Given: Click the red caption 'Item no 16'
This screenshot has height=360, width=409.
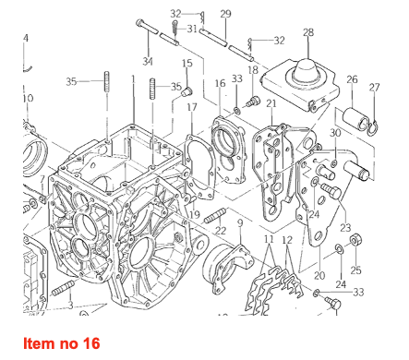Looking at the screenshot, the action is point(62,343).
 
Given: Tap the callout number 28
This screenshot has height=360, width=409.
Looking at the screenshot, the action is point(308,32).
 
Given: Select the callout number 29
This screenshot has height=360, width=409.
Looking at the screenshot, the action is point(225,14).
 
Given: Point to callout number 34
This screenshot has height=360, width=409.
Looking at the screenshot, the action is point(148,62).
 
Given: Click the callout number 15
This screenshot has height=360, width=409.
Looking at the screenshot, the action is point(187,63).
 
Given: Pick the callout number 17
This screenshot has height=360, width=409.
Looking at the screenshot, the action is point(192,107).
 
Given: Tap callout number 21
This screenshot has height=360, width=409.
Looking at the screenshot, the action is point(271,103).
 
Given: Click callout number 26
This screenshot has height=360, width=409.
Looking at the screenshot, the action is point(352,79).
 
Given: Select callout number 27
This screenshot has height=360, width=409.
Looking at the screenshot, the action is point(375,88).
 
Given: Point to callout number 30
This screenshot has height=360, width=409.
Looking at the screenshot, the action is point(335,133).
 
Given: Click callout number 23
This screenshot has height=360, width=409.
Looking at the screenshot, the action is point(345,228).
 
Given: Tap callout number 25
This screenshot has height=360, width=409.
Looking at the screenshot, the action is point(355,270).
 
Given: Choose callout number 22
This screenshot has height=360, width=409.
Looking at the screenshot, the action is point(221,231).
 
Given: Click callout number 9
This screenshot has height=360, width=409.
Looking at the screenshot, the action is point(240,222).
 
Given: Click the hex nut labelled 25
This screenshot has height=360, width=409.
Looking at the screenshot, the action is point(355,239).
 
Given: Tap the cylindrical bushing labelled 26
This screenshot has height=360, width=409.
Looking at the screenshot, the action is point(355,119).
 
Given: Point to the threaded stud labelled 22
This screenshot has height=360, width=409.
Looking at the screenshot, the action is point(215,216).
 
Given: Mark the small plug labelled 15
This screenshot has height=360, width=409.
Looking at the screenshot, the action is point(186,91).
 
